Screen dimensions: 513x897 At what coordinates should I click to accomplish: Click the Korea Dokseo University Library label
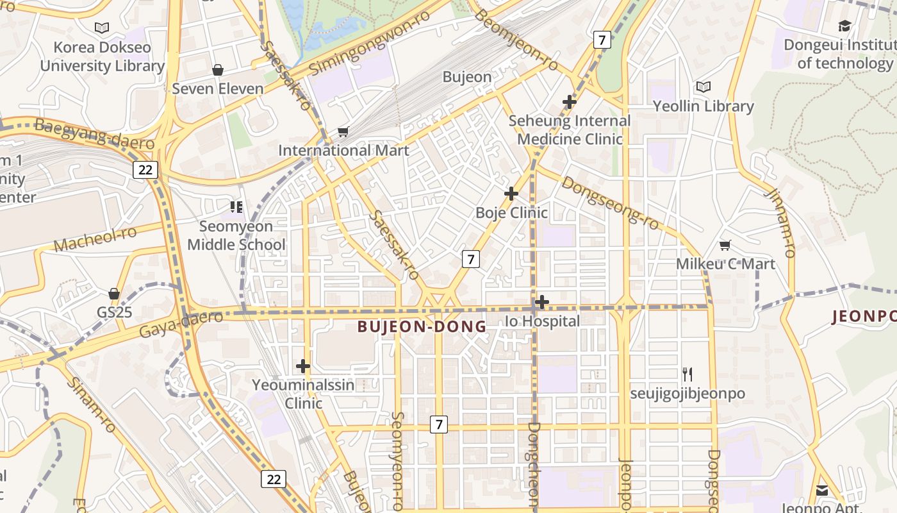tap(103, 56)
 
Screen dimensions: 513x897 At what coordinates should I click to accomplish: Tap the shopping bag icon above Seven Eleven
tap(218, 70)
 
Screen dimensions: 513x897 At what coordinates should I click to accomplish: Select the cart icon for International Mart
tap(343, 132)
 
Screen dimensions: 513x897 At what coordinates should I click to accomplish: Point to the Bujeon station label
tap(467, 77)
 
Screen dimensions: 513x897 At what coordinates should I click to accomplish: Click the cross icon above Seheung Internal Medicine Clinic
tap(569, 102)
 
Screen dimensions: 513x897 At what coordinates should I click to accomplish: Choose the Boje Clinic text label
tap(511, 212)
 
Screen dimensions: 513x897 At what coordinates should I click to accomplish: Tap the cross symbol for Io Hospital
tap(541, 301)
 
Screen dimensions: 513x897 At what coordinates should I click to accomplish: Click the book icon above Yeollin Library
tap(703, 87)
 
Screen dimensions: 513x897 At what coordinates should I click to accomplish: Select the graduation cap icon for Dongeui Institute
tap(844, 26)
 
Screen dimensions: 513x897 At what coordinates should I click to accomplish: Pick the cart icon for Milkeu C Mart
tap(725, 245)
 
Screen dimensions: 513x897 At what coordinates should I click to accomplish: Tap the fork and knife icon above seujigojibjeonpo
tap(687, 374)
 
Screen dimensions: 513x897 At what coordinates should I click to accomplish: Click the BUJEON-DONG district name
tap(422, 326)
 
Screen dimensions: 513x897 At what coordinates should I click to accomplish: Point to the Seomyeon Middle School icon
tap(236, 206)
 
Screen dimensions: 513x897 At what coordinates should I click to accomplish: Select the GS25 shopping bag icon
tap(114, 294)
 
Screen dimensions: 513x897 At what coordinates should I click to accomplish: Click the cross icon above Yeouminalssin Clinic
tap(303, 366)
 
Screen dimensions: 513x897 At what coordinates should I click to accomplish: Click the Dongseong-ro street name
tap(609, 203)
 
